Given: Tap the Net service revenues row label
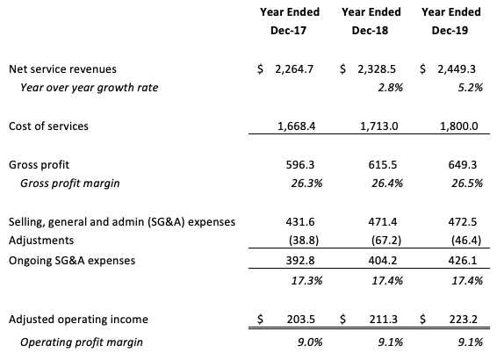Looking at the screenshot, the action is coord(62,69).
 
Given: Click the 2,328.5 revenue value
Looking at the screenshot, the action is coord(377,69).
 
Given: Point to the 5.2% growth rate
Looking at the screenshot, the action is coord(471,88).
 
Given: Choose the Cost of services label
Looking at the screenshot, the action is coord(48,126).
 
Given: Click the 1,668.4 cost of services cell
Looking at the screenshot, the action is coord(297,126).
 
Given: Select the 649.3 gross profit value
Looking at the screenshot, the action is coord(463,165).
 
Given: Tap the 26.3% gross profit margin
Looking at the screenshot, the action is coord(306,184).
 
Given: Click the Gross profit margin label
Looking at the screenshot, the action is coord(70,184).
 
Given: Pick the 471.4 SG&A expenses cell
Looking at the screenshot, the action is coord(383,222).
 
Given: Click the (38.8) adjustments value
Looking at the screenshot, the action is coord(304,241).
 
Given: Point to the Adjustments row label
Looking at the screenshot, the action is coord(41,241).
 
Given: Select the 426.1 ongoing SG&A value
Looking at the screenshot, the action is coord(463,261).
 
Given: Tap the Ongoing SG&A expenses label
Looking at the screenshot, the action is coord(72,261).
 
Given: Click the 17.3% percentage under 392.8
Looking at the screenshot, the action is coord(306,281).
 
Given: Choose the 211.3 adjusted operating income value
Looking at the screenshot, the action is coord(383,319).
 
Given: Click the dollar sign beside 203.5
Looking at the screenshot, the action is coord(260,319).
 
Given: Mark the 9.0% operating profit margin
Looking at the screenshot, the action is coord(310,342).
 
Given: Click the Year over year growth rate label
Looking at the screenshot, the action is coord(89,88).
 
